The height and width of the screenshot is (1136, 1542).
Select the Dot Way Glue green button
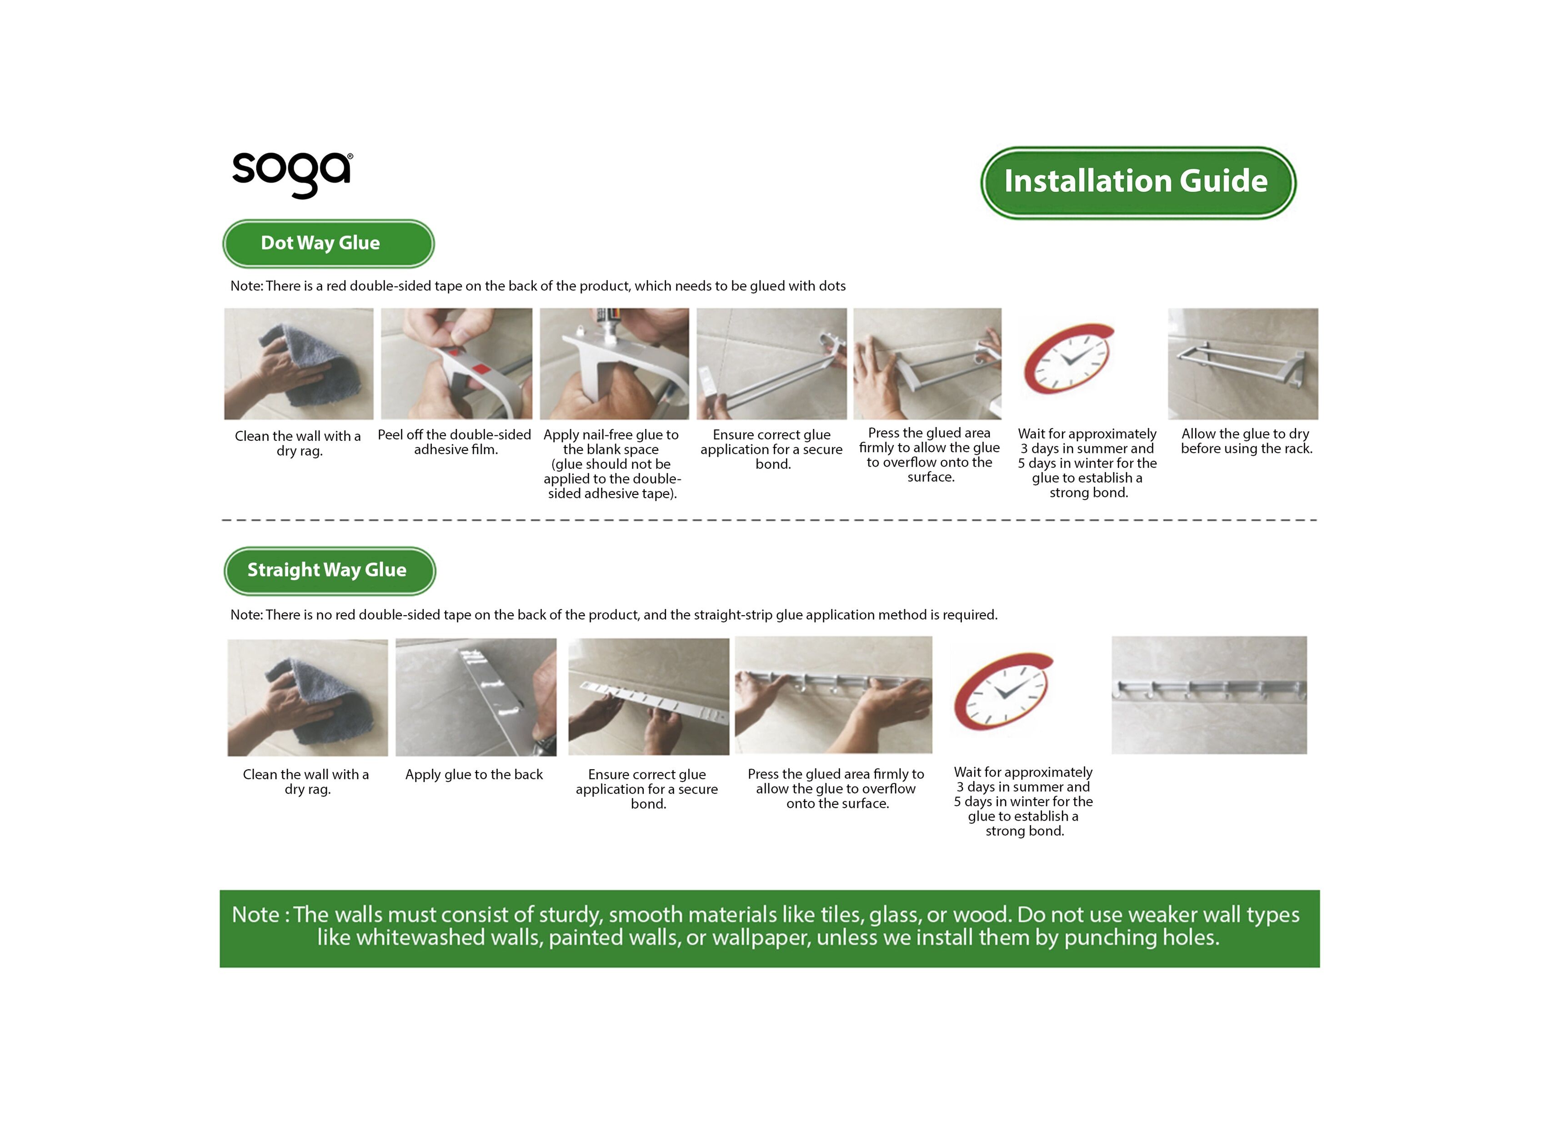click(x=328, y=244)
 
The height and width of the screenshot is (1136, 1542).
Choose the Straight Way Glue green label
click(x=330, y=571)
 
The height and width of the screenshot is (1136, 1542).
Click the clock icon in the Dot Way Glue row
click(x=1067, y=358)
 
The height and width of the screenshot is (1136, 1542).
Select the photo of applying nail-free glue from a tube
click(x=614, y=364)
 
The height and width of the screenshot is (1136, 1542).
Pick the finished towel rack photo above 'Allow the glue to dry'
click(x=1243, y=364)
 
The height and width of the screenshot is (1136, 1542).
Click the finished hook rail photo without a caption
click(x=1209, y=695)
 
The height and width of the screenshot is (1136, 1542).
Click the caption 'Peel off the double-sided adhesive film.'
click(x=455, y=442)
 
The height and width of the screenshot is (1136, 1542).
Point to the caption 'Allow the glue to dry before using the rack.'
click(x=1246, y=441)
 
